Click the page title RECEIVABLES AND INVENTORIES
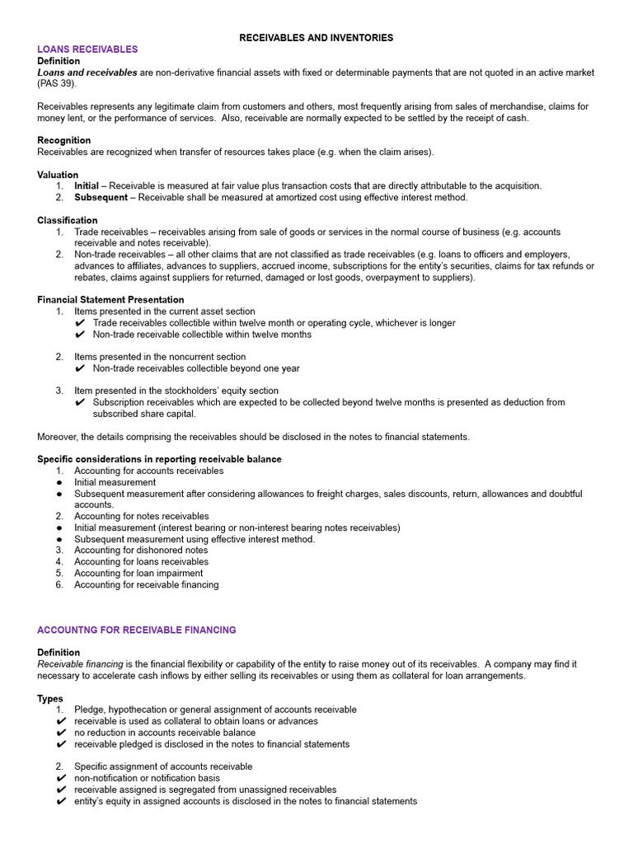click(316, 38)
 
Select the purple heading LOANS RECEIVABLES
click(87, 49)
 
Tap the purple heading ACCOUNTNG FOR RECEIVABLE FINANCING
click(136, 630)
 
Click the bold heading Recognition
click(63, 140)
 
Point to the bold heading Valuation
click(58, 175)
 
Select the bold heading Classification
click(67, 220)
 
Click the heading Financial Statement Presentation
click(110, 300)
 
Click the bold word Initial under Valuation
click(87, 186)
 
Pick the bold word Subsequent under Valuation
click(101, 198)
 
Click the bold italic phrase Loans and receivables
click(87, 73)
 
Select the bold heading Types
click(50, 698)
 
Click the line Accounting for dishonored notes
click(141, 550)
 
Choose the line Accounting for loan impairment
click(138, 573)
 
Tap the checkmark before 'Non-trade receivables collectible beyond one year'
click(80, 368)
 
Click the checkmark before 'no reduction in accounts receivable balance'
click(61, 733)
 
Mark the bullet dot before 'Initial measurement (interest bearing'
click(59, 527)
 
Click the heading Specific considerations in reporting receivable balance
click(159, 459)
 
